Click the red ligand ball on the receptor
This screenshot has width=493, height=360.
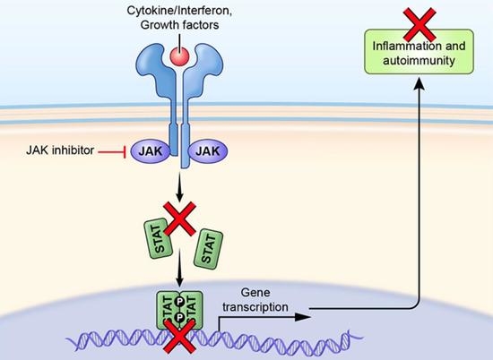point(178,56)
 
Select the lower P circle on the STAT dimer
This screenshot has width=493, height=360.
point(180,319)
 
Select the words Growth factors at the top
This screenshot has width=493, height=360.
point(180,25)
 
